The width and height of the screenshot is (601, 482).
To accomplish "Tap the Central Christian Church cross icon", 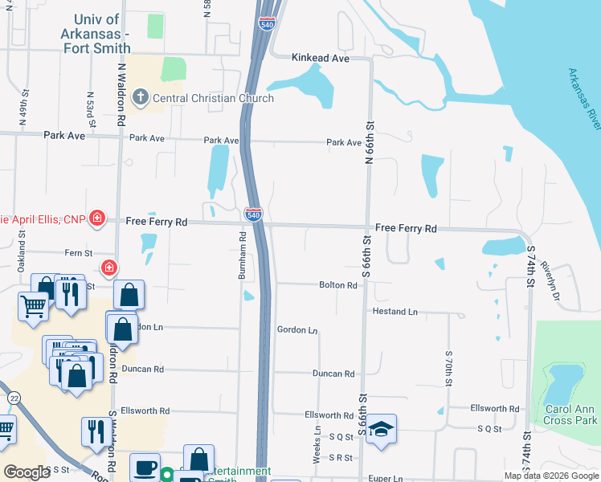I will [x=140, y=99].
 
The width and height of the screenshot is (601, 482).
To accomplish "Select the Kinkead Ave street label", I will [x=321, y=58].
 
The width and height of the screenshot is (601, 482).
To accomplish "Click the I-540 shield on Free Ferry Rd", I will [x=252, y=214].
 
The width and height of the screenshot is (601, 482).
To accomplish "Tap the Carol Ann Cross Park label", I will [x=571, y=415].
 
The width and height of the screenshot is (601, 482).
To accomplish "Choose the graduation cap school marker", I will [x=383, y=427].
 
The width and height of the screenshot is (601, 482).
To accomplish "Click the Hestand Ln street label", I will [x=395, y=312].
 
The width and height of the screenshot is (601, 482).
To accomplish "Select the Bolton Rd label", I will [x=337, y=285].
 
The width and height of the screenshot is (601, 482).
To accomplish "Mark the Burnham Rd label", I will [x=241, y=256].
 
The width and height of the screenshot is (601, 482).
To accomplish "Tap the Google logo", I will [x=27, y=472].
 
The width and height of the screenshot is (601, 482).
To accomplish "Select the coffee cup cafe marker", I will [x=145, y=466].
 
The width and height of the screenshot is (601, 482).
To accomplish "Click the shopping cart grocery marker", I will [x=33, y=304].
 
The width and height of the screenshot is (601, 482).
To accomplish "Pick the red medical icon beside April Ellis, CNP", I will [x=97, y=219].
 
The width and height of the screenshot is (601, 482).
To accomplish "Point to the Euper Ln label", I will [x=387, y=478].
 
